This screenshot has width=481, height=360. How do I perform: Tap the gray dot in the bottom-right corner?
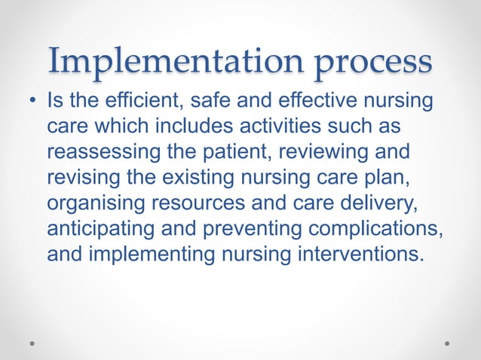click(447, 343)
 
